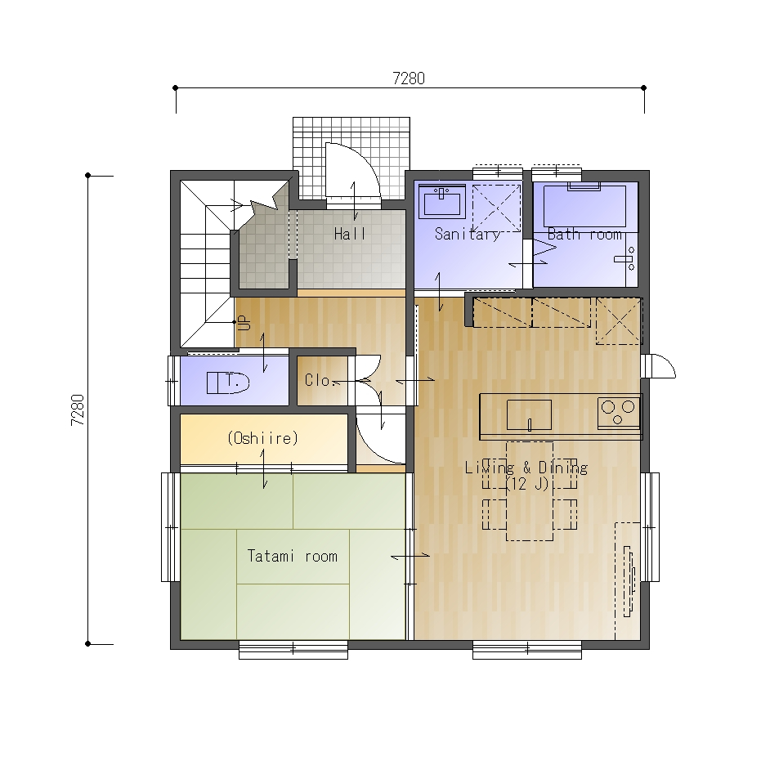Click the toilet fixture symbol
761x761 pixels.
227,383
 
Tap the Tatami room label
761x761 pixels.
292,556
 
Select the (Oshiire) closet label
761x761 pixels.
262,438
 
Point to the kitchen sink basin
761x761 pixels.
529,415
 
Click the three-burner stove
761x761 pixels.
618,413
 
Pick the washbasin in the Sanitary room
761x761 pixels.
442,201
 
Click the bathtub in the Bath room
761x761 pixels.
584,206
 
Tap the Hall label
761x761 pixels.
350,234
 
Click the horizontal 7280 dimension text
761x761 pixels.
409,78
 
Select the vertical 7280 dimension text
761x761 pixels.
78,410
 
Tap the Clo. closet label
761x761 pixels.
320,380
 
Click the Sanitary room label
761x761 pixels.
468,235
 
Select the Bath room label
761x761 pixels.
584,235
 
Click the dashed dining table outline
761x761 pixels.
530,490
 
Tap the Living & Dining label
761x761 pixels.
526,468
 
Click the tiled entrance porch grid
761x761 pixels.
351,158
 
